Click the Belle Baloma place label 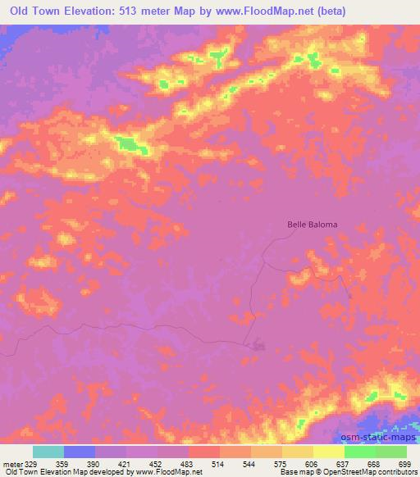pyautogui.click(x=312, y=223)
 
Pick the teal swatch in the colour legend pyautogui.click(x=48, y=452)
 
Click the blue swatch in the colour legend pyautogui.click(x=80, y=452)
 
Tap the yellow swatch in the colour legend pyautogui.click(x=329, y=452)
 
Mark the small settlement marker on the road pyautogui.click(x=259, y=345)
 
